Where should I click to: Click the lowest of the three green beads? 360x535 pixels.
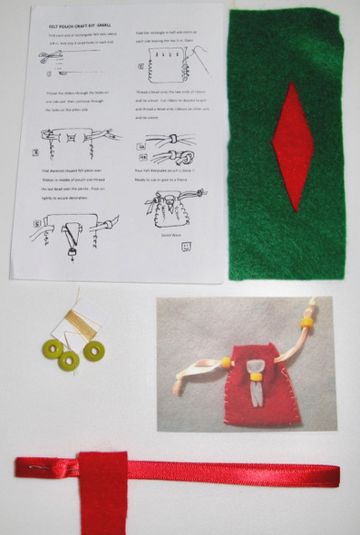click(x=69, y=360)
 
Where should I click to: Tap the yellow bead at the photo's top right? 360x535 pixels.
click(x=306, y=322)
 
